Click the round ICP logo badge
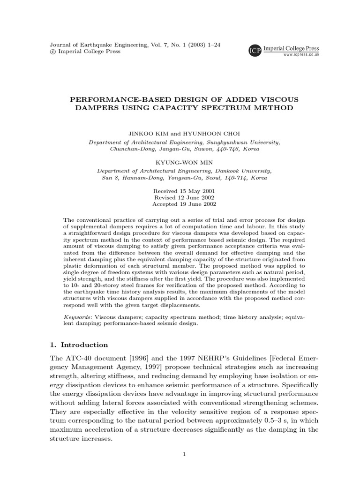point(255,50)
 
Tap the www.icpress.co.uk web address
point(301,55)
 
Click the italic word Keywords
point(77,317)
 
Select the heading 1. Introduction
point(79,345)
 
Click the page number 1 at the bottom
point(184,454)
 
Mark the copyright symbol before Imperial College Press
point(52,52)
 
